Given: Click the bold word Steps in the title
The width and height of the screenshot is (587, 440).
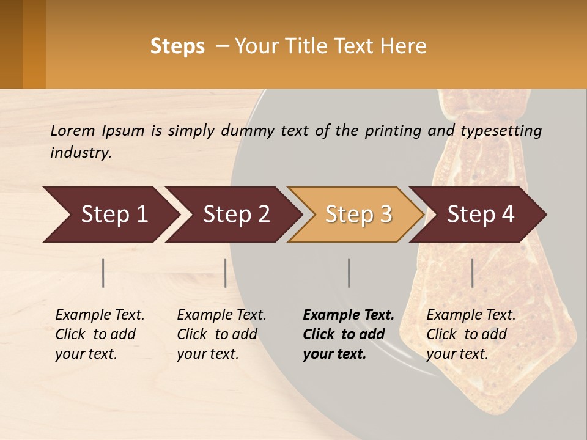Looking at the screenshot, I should click(177, 46).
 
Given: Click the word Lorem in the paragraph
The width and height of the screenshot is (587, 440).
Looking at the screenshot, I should click(73, 130).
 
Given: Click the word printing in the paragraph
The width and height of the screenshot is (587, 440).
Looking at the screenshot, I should click(391, 131).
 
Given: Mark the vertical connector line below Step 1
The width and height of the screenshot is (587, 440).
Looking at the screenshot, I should click(103, 273).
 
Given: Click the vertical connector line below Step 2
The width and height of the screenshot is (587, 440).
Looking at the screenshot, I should click(226, 273).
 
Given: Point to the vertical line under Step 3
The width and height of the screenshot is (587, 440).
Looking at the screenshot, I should click(349, 273).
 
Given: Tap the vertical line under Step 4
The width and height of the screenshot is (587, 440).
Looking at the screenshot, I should click(472, 273).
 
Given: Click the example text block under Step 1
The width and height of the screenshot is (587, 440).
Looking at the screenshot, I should click(100, 334).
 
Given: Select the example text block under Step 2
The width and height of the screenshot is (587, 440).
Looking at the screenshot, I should click(221, 334).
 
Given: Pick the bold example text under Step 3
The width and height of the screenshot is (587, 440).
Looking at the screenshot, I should click(349, 334).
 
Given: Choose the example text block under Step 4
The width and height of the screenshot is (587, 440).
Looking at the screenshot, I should click(471, 334).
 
